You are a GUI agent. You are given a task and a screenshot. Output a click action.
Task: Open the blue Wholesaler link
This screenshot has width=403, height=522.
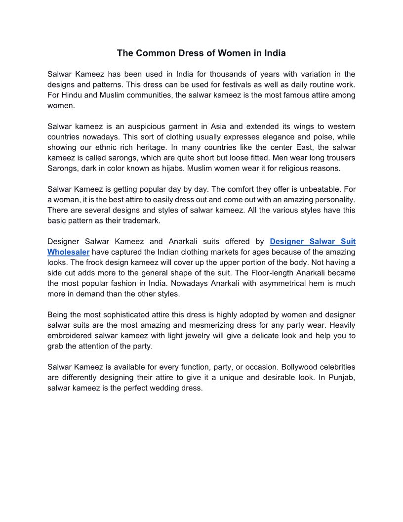(x=68, y=252)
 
